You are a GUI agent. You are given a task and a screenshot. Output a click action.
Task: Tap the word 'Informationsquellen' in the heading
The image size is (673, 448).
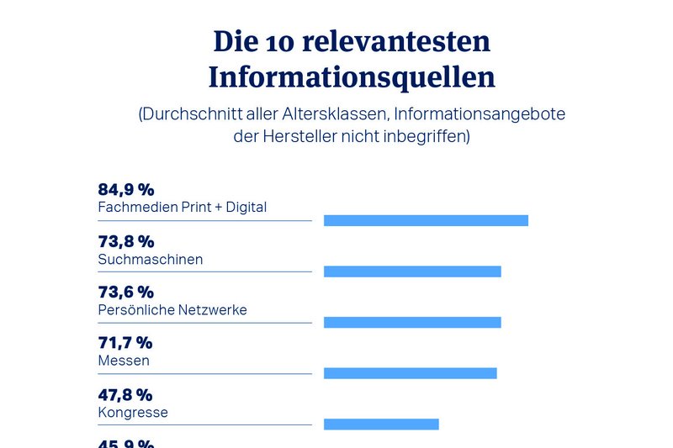point(352,77)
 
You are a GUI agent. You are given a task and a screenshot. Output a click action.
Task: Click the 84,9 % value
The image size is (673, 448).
point(126,189)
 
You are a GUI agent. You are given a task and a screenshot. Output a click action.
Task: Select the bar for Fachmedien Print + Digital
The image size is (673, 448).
point(426,220)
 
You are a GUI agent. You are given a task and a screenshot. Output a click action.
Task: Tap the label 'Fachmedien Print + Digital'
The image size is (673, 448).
point(183,207)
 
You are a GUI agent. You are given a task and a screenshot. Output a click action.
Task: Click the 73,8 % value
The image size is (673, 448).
point(126,241)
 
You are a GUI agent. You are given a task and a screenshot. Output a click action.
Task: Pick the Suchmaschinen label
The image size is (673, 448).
point(151,259)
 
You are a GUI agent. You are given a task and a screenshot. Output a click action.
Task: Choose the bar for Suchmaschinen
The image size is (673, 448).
point(412,271)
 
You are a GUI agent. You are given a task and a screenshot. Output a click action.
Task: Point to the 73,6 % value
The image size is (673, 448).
point(126,292)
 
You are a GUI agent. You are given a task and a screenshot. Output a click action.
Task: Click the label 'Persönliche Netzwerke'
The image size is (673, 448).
point(172,310)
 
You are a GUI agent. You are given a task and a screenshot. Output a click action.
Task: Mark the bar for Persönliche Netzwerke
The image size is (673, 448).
point(412,323)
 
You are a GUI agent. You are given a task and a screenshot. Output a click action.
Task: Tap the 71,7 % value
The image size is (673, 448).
point(125,343)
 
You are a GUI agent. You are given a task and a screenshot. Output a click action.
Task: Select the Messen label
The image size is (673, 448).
point(124,361)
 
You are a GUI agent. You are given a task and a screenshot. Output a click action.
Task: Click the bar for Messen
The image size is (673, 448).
point(410,373)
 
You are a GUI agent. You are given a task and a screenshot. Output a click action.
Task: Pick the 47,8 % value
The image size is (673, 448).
point(125,394)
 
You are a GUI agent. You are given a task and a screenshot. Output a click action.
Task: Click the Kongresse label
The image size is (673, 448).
point(133,413)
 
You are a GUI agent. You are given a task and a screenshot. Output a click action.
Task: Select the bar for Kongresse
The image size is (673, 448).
point(381,424)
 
